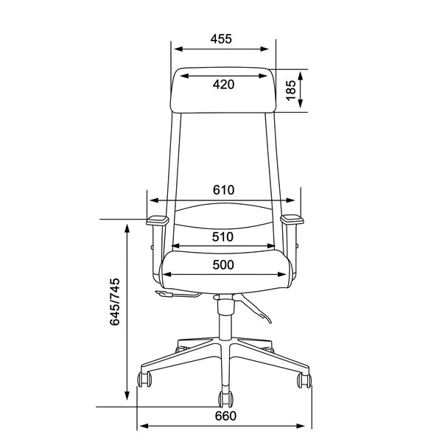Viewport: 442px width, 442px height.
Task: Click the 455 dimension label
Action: click(221, 39)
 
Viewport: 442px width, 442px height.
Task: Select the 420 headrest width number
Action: click(223, 84)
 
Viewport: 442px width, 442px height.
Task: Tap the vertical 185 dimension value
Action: click(291, 90)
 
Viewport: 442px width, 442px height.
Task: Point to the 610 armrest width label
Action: click(223, 190)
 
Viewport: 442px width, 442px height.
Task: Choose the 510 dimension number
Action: click(222, 236)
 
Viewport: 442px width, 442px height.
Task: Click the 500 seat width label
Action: click(223, 264)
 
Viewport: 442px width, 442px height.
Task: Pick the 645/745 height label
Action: click(115, 302)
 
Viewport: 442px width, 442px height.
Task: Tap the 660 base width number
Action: click(225, 416)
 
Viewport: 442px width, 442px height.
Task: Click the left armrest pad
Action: click(158, 220)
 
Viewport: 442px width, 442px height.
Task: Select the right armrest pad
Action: click(292, 220)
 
